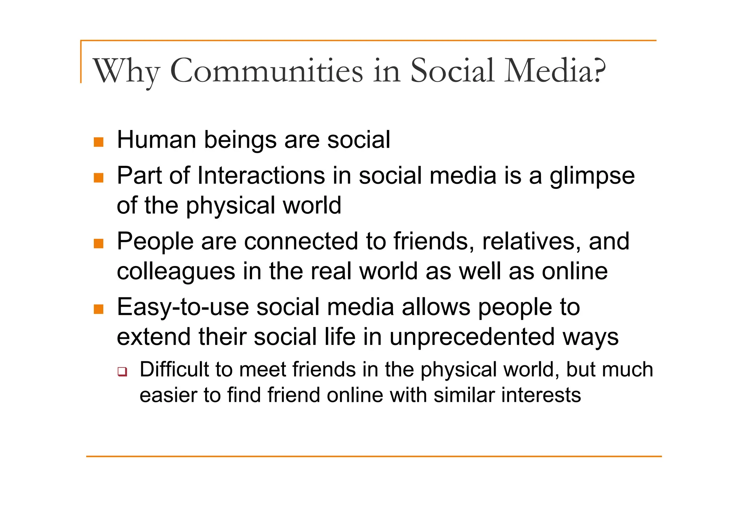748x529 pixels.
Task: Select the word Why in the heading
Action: (x=126, y=71)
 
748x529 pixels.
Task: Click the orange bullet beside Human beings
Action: (x=99, y=142)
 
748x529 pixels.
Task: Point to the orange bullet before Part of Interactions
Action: (x=99, y=178)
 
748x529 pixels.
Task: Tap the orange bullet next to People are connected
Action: (x=99, y=243)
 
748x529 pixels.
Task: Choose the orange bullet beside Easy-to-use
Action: (x=99, y=309)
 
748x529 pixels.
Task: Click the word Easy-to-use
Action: (x=183, y=307)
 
